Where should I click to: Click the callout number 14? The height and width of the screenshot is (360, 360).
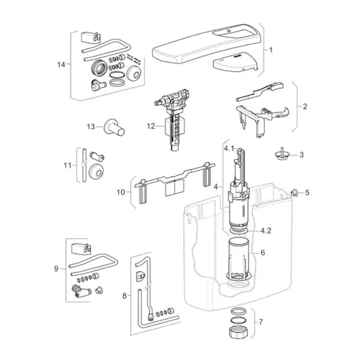(61, 64)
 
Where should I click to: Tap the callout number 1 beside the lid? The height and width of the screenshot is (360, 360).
(271, 50)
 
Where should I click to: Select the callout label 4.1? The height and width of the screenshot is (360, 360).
(229, 149)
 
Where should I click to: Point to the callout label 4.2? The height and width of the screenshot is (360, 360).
(266, 230)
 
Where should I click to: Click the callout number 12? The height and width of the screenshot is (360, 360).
(151, 126)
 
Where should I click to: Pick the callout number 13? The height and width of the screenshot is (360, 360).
(91, 127)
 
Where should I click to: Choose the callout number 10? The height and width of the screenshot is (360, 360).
(121, 192)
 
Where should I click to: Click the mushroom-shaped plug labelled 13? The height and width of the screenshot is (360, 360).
(114, 127)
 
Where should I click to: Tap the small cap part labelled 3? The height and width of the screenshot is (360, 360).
(282, 153)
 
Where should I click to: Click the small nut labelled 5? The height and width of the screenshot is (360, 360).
(294, 192)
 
